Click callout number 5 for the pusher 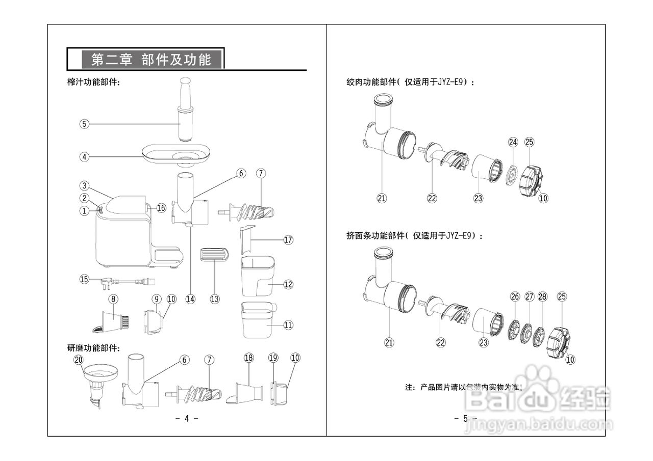pos(84,123)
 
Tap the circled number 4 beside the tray pos(84,157)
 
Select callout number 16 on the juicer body pos(161,208)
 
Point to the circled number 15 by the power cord pos(84,279)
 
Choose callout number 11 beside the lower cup pos(288,324)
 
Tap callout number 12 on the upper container pos(288,284)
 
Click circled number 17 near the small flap pos(288,240)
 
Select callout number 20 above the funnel pos(78,360)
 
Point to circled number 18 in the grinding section pos(248,358)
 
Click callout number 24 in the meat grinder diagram pos(513,142)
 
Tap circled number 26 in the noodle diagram pos(515,296)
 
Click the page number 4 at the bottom pos(186,418)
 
